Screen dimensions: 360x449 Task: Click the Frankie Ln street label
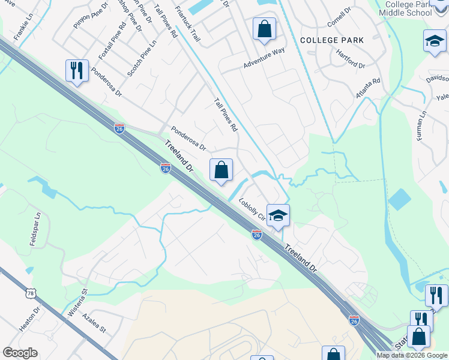tap(19, 30)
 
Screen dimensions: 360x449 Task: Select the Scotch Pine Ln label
tap(141, 58)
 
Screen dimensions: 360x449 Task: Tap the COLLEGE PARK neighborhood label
tap(331, 40)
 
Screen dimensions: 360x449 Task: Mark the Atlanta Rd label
tap(367, 88)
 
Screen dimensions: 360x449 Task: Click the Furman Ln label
tap(422, 125)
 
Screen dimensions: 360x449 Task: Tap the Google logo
tap(20, 353)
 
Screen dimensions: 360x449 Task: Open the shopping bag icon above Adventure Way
tap(264, 28)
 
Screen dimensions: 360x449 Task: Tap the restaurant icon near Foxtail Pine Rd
tap(77, 70)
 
